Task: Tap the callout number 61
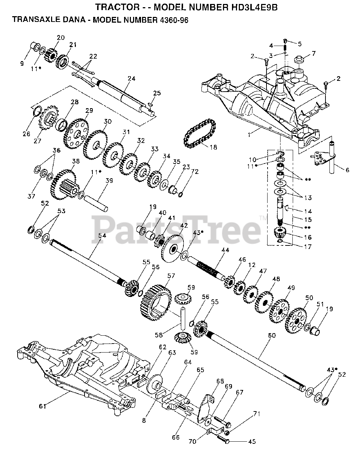[43, 406]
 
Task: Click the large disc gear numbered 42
[173, 249]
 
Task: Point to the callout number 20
[60, 37]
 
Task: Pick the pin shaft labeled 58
[183, 318]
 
